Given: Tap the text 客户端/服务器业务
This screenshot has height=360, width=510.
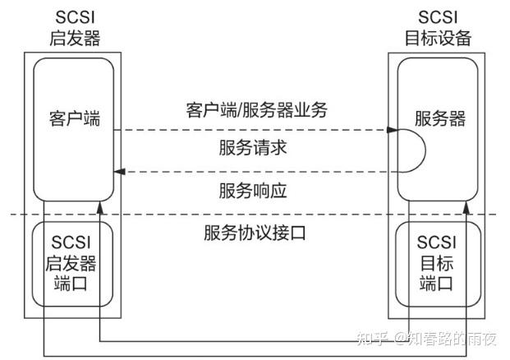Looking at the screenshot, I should point(256,109).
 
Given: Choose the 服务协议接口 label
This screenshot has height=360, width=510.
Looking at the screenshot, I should point(255,233).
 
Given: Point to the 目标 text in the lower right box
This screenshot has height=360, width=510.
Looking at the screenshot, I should point(436,264).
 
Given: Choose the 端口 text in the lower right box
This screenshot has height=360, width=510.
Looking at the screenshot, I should point(436,284).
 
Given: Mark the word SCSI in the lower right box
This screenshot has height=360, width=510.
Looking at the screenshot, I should point(436,243).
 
